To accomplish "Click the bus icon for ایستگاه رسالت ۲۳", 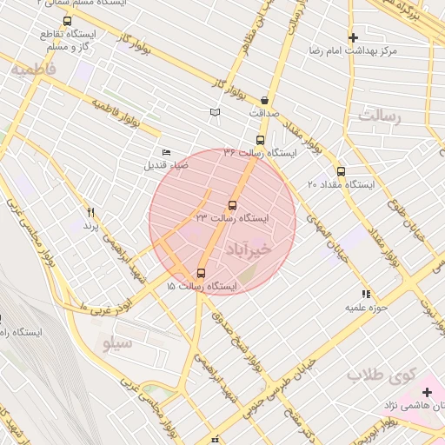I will point(231,205).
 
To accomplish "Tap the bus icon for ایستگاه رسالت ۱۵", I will point(202,273).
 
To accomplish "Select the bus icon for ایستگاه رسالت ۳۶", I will point(260,140).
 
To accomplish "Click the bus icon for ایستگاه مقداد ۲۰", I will point(341,172).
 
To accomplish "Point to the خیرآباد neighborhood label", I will point(249,249).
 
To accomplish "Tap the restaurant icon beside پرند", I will point(90,211).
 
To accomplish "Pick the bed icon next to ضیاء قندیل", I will point(167,153).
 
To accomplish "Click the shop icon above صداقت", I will point(263,100).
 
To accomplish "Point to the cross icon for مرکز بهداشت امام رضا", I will point(353,38).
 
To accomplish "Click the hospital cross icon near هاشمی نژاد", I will point(426,392).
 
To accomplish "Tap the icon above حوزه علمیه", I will point(366,295).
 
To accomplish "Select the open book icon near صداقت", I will point(216,112).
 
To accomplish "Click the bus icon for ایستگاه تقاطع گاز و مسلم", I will point(68,21).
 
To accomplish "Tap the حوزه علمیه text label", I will point(366,308).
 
